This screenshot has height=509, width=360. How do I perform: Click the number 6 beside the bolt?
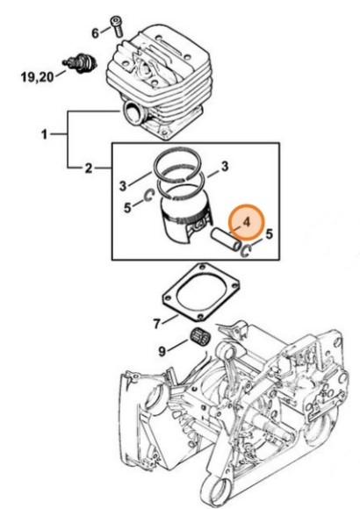pos(95,32)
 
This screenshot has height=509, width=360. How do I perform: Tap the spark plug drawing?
pos(80,62)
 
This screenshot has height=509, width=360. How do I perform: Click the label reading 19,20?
pos(38,77)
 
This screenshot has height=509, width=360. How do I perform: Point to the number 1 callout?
pos(45,133)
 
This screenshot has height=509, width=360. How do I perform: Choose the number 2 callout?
pos(89,168)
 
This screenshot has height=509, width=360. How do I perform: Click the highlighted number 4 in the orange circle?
pos(247,223)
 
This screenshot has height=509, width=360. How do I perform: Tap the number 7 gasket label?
pos(157,323)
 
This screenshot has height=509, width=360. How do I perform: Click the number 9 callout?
pos(162,351)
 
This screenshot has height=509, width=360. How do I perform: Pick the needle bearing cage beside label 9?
pos(201,339)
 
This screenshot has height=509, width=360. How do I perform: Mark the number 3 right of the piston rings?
pos(225,166)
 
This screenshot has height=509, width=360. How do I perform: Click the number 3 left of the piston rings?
pos(123,186)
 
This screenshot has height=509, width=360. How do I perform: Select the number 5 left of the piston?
pos(127,207)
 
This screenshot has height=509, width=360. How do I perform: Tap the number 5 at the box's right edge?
pos(269,234)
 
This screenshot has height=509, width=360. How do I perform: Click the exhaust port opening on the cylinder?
pos(133,112)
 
